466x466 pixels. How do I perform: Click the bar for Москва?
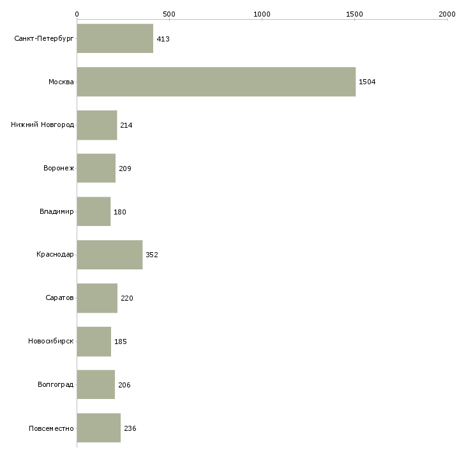(216, 82)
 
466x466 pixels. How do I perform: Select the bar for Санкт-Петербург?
(115, 39)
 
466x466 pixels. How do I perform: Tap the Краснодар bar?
(110, 255)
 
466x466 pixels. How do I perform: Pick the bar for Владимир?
(94, 211)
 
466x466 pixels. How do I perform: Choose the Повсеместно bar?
(99, 428)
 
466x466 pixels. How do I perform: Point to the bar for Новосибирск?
(94, 342)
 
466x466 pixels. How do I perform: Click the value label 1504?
(367, 82)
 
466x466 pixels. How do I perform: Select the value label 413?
(163, 39)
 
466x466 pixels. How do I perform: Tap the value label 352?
(152, 255)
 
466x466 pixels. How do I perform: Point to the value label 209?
(125, 169)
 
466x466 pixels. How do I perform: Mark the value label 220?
(127, 298)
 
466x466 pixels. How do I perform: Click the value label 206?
(124, 385)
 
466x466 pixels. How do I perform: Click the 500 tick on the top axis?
(169, 14)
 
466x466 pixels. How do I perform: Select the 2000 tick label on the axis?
(447, 14)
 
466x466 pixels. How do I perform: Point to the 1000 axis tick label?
(262, 14)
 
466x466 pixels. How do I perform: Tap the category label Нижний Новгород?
(43, 124)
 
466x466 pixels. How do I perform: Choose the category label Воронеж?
(59, 168)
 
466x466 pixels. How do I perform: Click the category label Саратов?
(59, 297)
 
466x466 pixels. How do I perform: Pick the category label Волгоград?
(56, 384)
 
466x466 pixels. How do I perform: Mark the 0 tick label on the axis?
(77, 14)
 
